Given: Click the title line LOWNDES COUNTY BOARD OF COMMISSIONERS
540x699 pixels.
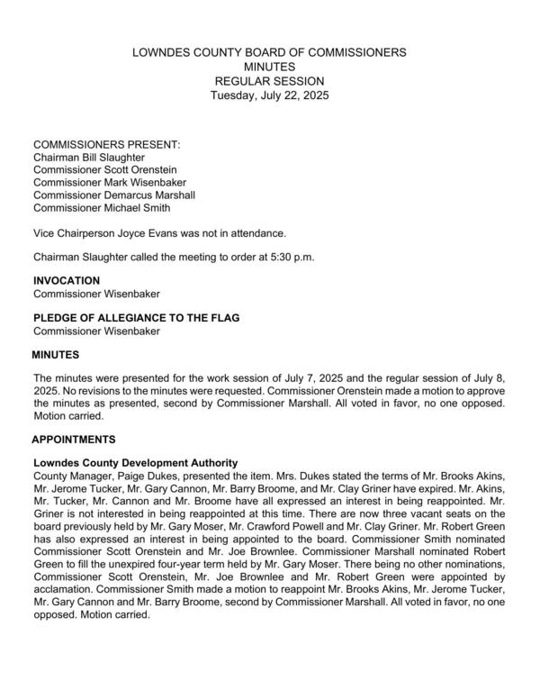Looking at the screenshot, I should (269, 52).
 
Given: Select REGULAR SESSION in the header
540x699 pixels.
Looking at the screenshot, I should (269, 81).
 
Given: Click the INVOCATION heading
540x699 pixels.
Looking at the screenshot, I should (67, 281).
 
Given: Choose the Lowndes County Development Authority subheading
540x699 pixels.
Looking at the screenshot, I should (135, 462).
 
